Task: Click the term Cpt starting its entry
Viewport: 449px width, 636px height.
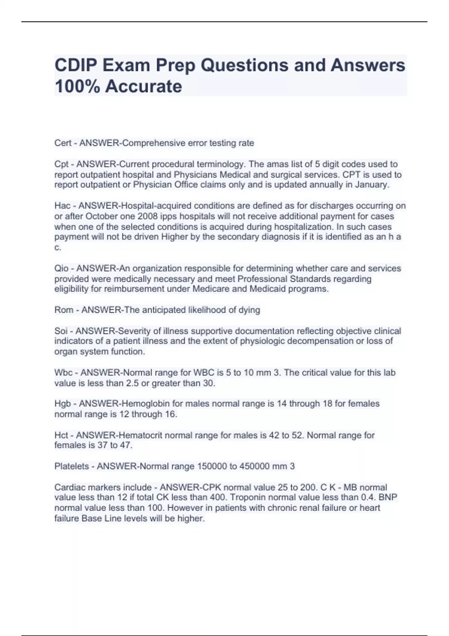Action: coord(62,164)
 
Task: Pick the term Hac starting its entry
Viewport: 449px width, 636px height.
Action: coord(62,206)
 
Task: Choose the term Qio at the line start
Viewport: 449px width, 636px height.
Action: coord(62,268)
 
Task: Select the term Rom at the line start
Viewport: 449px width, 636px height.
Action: coord(64,310)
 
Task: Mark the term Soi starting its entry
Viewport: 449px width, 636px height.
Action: coord(61,331)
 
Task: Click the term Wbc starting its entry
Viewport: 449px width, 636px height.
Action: coord(64,373)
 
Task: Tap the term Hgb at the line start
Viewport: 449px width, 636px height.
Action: coord(63,404)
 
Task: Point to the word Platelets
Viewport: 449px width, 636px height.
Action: coord(71,466)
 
